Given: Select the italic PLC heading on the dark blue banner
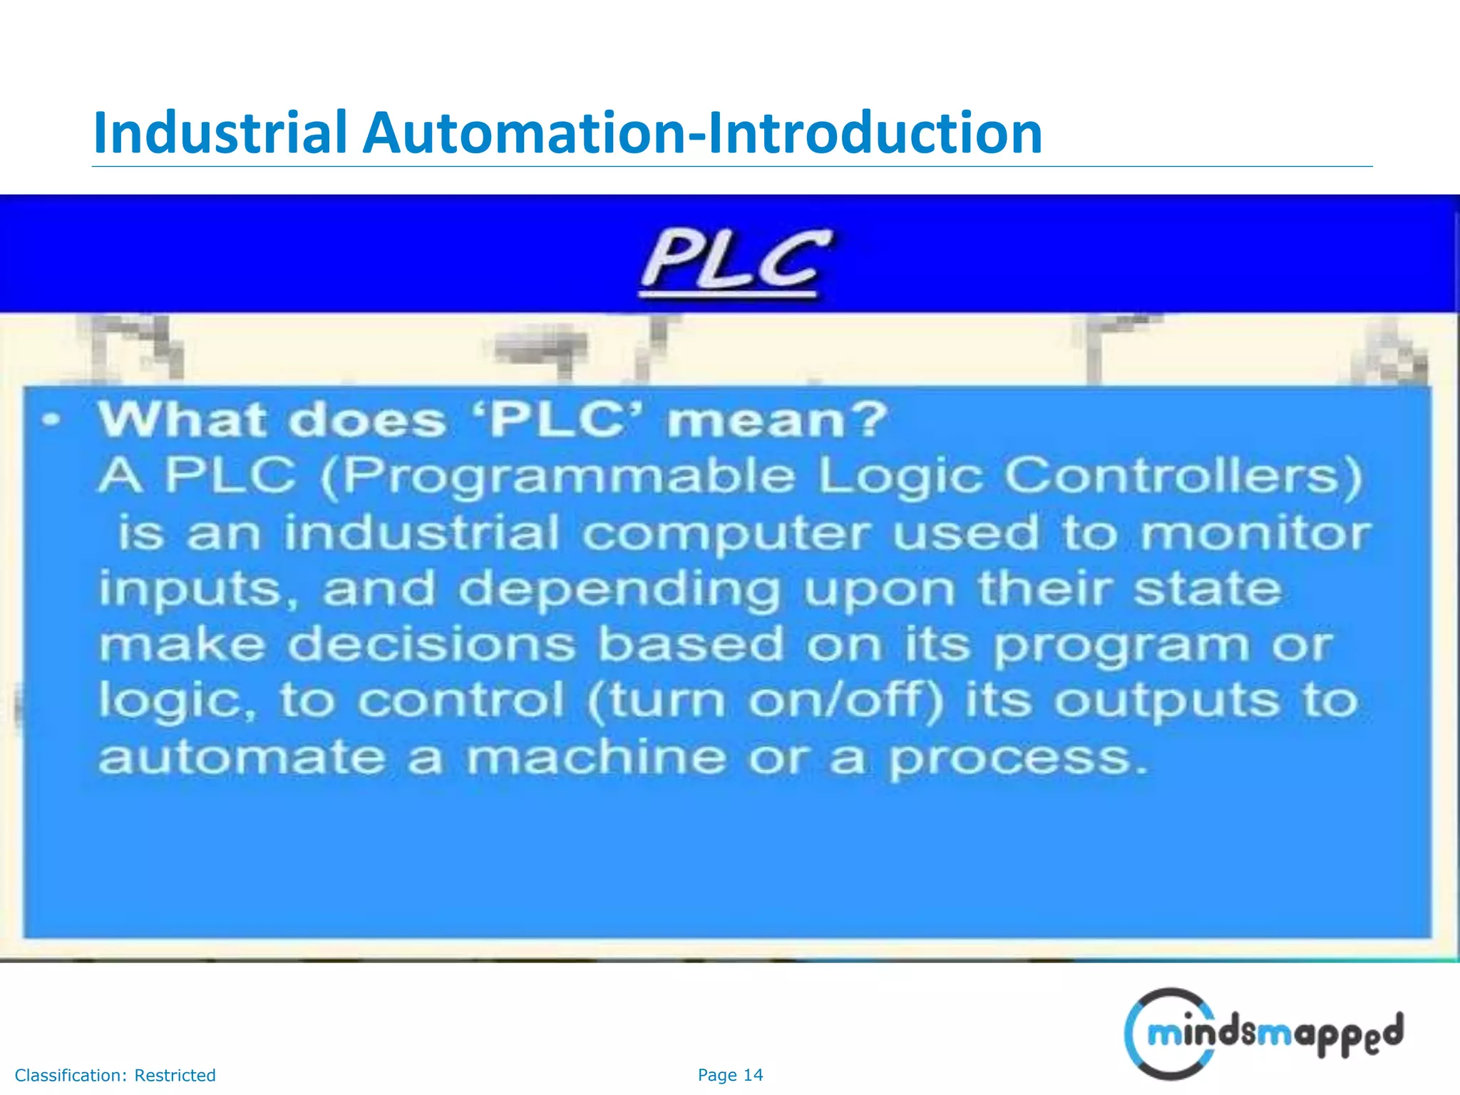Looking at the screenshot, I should (x=735, y=261).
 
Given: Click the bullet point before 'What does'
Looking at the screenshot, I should (x=50, y=420).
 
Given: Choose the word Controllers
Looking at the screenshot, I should (x=1183, y=475).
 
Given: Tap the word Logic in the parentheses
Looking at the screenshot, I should (x=900, y=477).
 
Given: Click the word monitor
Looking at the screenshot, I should (x=1255, y=533).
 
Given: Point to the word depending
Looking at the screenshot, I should (x=619, y=590).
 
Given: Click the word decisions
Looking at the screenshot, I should (x=431, y=644).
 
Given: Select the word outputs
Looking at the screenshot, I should (x=1167, y=701).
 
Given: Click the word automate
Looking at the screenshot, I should (x=242, y=756).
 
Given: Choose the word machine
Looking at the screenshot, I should (x=595, y=756).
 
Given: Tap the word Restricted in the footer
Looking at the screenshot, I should (x=175, y=1075).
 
